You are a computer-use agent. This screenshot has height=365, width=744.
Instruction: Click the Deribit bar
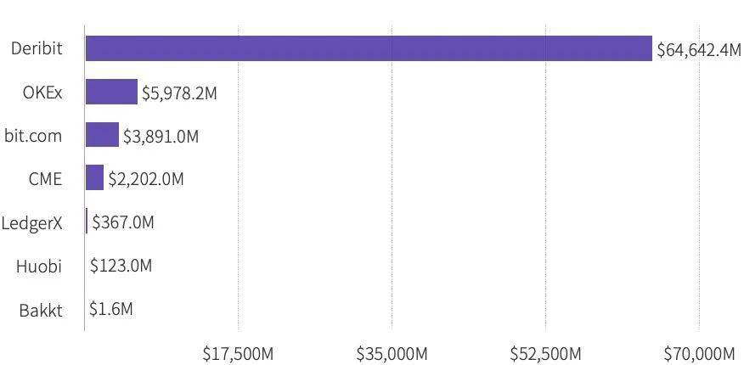pyautogui.click(x=369, y=48)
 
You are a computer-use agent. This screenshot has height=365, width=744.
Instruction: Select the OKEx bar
pyautogui.click(x=111, y=92)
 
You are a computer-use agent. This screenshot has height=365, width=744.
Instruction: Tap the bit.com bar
pyautogui.click(x=102, y=135)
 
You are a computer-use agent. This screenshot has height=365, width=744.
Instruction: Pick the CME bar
pyautogui.click(x=94, y=177)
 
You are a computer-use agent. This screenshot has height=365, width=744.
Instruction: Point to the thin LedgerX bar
pyautogui.click(x=87, y=221)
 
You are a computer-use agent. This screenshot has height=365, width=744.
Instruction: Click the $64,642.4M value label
pyautogui.click(x=698, y=49)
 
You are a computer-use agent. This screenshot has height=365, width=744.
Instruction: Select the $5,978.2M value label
pyautogui.click(x=179, y=93)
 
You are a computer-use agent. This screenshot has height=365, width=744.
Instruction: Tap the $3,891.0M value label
pyautogui.click(x=161, y=137)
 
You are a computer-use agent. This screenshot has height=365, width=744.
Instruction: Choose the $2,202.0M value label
pyautogui.click(x=146, y=179)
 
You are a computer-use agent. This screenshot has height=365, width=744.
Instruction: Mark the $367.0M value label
pyautogui.click(x=123, y=222)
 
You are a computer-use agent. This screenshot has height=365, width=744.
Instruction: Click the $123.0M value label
pyautogui.click(x=121, y=266)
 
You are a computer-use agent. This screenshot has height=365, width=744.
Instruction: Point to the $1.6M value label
pyautogui.click(x=111, y=309)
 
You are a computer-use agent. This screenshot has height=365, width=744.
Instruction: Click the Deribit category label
pyautogui.click(x=37, y=48)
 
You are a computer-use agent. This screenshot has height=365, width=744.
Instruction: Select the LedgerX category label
pyautogui.click(x=31, y=222)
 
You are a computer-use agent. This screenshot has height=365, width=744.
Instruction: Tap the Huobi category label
pyautogui.click(x=39, y=266)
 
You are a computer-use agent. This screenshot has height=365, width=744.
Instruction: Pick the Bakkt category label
pyautogui.click(x=41, y=311)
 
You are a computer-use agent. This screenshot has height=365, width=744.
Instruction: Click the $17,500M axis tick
pyautogui.click(x=238, y=354)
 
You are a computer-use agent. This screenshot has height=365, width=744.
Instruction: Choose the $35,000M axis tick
pyautogui.click(x=392, y=354)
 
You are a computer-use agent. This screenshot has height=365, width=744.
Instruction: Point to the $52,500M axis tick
pyautogui.click(x=545, y=354)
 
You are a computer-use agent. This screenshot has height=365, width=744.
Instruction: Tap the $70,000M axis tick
pyautogui.click(x=699, y=354)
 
